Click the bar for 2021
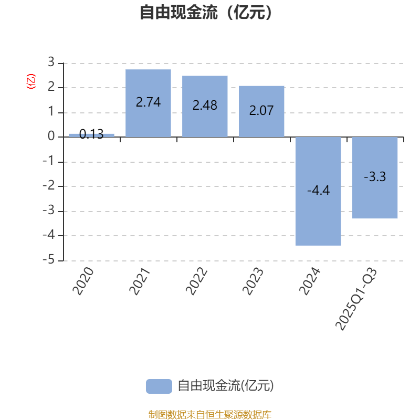[148, 121]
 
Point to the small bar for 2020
[91, 135]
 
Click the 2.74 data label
[148, 102]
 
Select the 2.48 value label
[205, 106]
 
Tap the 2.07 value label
[261, 111]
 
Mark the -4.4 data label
[318, 191]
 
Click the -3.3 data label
[375, 177]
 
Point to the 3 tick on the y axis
[51, 62]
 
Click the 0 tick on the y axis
[51, 136]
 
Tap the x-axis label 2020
[84, 281]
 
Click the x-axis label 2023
[254, 281]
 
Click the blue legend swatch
[159, 386]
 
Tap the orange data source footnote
[210, 415]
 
